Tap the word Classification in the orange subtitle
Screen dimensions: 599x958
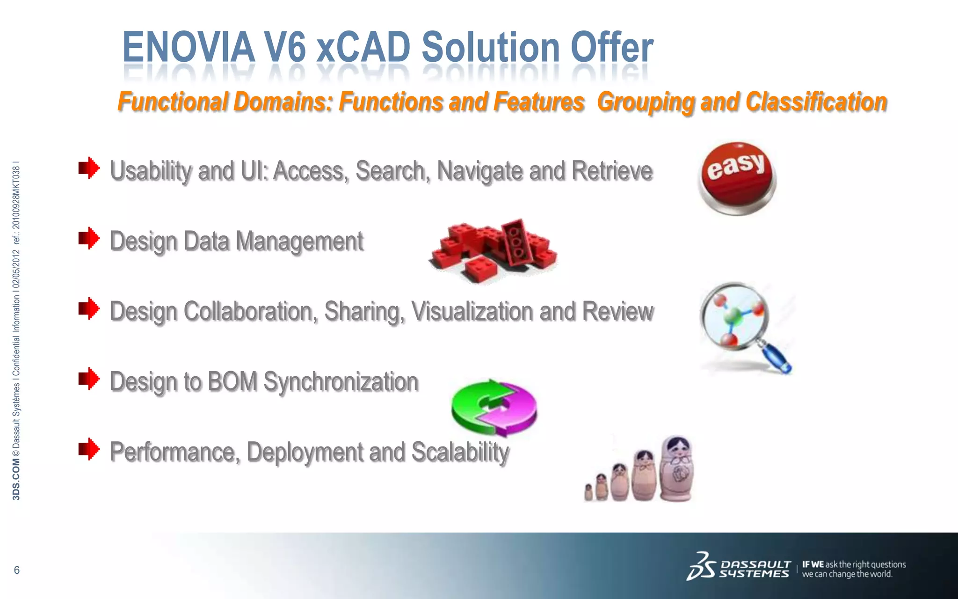816,102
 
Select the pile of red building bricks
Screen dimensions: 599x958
494,250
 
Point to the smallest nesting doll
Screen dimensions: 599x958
589,492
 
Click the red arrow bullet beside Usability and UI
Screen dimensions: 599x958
89,168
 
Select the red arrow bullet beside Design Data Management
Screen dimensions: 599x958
89,238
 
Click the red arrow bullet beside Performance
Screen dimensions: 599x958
89,449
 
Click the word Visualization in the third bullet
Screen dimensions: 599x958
472,312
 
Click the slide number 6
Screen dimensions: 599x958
17,570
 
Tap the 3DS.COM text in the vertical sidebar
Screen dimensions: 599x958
16,480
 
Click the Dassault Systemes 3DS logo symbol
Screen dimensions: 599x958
701,567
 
